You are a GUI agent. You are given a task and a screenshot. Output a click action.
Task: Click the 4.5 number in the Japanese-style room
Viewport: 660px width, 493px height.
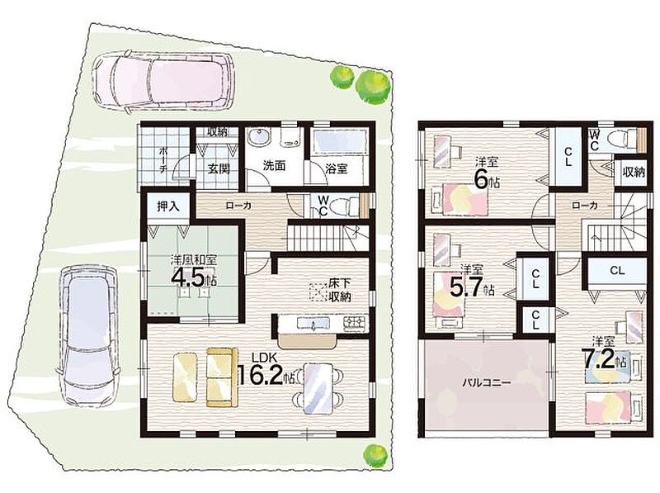(189, 277)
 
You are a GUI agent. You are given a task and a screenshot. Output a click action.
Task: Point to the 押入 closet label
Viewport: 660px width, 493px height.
(168, 206)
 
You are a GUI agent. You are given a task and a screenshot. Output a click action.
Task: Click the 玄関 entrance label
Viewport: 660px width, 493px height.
(219, 168)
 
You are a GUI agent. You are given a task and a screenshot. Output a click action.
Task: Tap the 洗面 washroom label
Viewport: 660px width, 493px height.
(274, 166)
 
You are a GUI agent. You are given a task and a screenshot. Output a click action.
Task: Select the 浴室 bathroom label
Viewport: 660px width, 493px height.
(337, 168)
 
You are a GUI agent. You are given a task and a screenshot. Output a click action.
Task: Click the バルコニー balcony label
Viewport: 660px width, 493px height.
(487, 383)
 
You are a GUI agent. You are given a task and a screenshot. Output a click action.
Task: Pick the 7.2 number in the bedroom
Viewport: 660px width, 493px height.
(597, 361)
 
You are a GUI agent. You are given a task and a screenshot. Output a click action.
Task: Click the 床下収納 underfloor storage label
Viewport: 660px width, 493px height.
(340, 290)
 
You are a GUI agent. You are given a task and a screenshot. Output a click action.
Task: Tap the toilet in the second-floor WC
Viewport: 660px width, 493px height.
(623, 138)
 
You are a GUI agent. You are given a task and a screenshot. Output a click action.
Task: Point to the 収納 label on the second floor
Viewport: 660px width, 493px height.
(634, 172)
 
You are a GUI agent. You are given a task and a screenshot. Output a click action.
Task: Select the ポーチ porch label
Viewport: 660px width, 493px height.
(164, 159)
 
